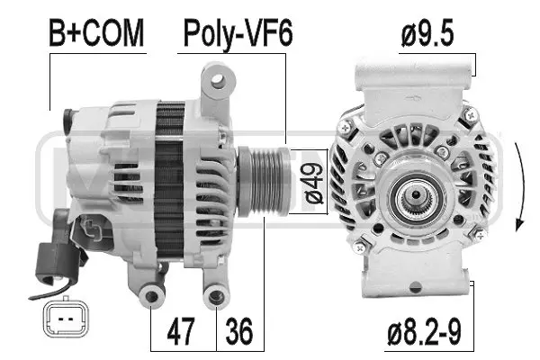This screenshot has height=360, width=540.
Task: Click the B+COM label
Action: (x=95, y=33)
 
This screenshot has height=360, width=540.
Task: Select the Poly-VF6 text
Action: (x=238, y=33)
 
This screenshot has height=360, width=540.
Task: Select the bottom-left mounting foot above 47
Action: (x=152, y=296)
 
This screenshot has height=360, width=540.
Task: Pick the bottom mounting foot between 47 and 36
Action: (x=216, y=296)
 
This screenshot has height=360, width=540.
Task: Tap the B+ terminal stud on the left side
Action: (x=70, y=118)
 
